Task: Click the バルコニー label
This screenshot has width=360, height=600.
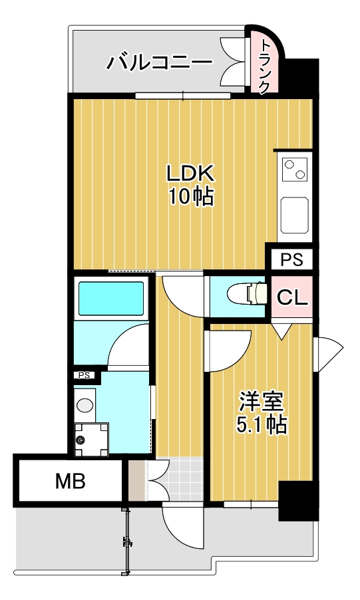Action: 160,63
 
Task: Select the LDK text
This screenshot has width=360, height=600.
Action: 190,174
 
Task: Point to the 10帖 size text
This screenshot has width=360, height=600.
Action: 190,196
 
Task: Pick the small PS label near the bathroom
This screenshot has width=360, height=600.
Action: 85,375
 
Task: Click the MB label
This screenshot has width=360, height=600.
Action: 69,481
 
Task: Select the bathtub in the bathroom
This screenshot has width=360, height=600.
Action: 111,299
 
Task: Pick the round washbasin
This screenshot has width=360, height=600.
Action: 85,405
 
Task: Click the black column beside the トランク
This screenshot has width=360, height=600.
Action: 301,76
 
